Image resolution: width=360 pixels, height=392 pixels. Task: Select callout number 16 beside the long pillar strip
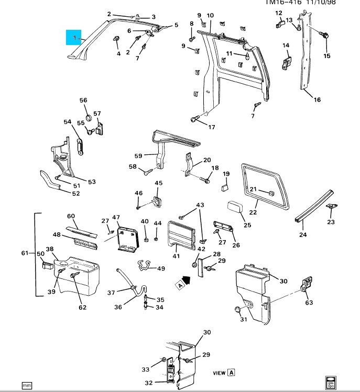pos(317,100)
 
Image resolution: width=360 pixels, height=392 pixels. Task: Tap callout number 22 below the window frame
pos(253,212)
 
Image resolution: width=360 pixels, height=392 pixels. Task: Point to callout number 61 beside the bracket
pos(25,253)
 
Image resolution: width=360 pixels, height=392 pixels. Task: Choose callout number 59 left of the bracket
pos(138,155)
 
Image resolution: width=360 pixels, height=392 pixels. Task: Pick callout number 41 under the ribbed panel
pos(176,256)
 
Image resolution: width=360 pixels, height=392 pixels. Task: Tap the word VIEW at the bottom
pos(219,373)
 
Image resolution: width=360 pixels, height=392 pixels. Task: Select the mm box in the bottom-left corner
pos(26,385)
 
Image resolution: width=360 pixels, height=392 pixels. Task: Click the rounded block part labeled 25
pos(234,207)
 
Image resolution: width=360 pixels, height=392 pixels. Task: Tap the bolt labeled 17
pos(195,119)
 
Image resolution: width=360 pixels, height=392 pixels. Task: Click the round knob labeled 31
pos(237,310)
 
